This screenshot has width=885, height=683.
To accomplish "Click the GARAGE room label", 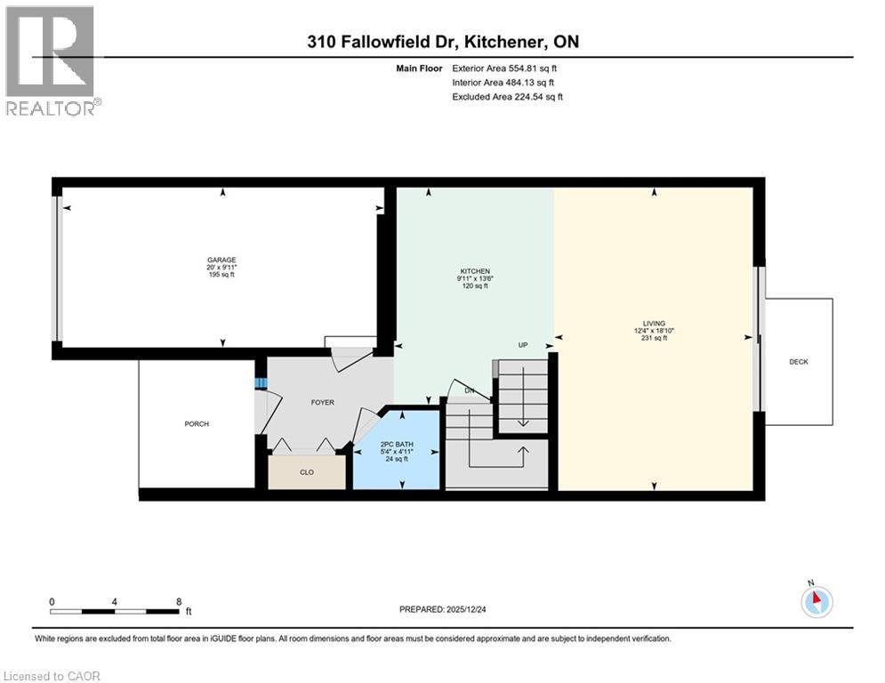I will (221, 261).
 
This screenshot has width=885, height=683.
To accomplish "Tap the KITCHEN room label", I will (474, 271).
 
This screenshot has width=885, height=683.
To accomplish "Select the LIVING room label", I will (655, 324).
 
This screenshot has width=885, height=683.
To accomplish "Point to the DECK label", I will (798, 362).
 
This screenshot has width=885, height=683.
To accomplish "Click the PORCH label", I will (197, 424).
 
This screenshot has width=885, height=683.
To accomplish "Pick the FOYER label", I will (322, 403).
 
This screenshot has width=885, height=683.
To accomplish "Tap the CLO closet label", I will (306, 472).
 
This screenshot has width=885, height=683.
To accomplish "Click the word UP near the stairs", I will (524, 344).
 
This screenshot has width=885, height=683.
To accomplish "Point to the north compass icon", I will (816, 602).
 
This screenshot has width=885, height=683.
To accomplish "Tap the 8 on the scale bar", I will (180, 602).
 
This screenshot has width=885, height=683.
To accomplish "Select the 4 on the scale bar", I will (115, 602).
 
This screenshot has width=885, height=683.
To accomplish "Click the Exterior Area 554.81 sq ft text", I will (505, 68).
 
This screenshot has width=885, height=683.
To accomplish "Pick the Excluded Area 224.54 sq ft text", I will (507, 97).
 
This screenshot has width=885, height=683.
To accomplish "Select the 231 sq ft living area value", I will (655, 339).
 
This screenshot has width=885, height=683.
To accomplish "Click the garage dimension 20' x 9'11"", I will (221, 268).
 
